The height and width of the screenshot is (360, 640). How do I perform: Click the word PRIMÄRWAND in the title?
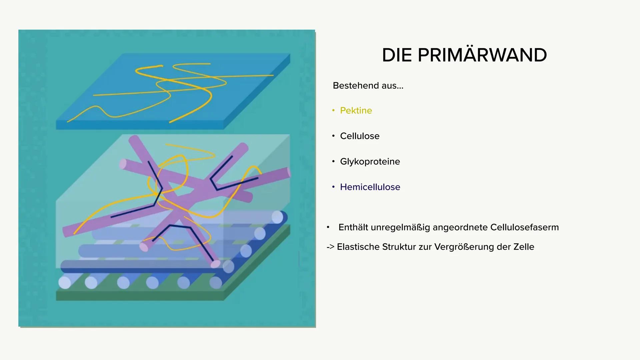[482, 55]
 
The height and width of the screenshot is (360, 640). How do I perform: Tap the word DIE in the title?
[397, 55]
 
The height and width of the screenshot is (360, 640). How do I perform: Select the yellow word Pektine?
[356, 110]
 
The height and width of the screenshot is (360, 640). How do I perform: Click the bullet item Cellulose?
[360, 136]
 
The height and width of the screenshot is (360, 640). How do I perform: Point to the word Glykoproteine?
[370, 162]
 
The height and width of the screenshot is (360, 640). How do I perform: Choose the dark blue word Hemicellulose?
[370, 187]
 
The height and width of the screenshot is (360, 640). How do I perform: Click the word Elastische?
[358, 247]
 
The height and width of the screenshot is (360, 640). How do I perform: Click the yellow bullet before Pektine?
[333, 110]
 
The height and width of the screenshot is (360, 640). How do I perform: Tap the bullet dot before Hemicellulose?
[333, 187]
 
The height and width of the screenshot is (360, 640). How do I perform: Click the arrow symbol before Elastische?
[331, 247]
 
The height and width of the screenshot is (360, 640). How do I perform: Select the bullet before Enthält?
[328, 227]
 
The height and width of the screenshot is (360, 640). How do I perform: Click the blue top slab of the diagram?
[173, 91]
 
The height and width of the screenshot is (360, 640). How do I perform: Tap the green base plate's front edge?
[140, 296]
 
